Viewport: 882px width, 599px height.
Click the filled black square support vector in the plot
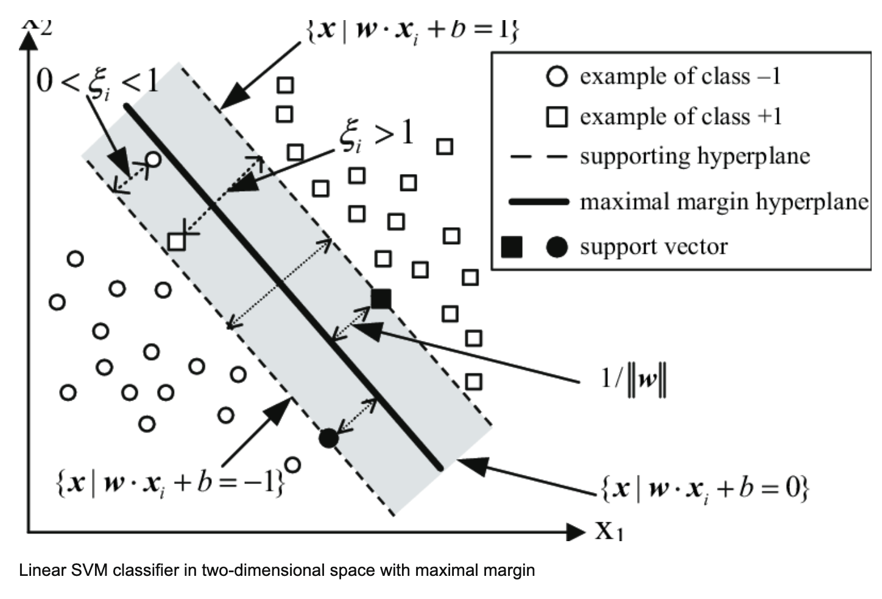(381, 299)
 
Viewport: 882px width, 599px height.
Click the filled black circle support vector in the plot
(328, 438)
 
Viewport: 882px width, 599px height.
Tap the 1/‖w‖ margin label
(633, 379)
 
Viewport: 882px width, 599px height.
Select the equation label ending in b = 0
(705, 489)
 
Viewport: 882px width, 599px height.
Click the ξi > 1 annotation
(376, 134)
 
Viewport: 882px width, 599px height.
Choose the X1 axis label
(609, 531)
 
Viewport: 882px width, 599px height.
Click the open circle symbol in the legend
(557, 76)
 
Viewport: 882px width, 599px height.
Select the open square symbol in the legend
(557, 116)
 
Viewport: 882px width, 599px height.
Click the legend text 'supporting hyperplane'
(694, 156)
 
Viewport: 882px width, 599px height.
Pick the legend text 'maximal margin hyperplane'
(724, 201)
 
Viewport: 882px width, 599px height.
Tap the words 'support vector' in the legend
(654, 247)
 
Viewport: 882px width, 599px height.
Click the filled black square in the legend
(512, 247)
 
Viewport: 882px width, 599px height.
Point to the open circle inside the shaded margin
(153, 159)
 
